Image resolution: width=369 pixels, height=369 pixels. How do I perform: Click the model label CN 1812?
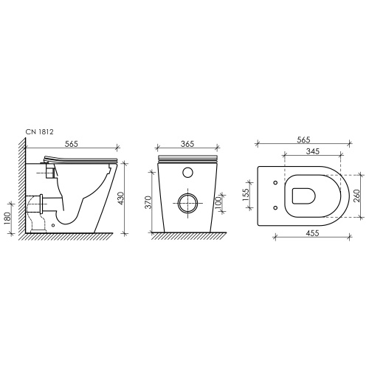(x=39, y=132)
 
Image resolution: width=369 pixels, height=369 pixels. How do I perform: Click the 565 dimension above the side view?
(x=72, y=144)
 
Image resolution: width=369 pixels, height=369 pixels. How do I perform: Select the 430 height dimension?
(x=121, y=199)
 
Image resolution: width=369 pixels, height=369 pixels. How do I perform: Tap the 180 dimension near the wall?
(x=7, y=218)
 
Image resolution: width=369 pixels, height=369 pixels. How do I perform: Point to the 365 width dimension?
(x=187, y=144)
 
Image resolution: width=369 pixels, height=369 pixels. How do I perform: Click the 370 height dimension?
(x=148, y=202)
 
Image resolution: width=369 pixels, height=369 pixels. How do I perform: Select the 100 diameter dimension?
(x=218, y=202)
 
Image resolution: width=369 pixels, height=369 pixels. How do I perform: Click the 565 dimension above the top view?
(x=303, y=139)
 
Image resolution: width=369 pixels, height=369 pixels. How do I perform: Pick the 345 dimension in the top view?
(x=313, y=151)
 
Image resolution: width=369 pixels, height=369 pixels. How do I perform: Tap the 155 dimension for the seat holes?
(x=246, y=195)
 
